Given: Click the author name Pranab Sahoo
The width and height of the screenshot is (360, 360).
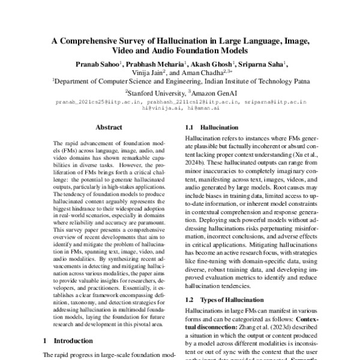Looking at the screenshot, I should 95,63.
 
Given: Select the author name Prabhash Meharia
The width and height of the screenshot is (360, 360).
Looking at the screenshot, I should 157,63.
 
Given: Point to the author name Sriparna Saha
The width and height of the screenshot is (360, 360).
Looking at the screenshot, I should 262,63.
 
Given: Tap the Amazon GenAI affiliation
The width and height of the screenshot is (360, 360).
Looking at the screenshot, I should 213,93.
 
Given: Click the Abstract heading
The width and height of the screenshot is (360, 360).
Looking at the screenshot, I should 109,128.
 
